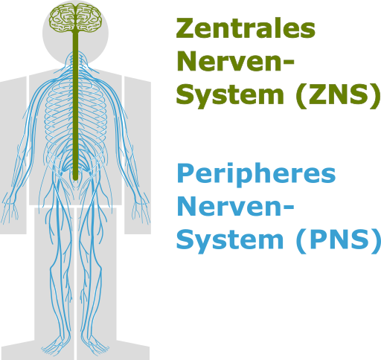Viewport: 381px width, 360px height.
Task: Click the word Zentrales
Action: click(246, 28)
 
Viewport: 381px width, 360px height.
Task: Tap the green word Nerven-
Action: click(236, 61)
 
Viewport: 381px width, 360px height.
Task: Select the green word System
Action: click(230, 95)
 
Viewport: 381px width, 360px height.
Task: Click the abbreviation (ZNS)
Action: click(338, 95)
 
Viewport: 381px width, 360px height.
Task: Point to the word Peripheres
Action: click(256, 174)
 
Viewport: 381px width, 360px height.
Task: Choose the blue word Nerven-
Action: click(236, 206)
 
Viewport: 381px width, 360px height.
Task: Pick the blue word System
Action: click(230, 240)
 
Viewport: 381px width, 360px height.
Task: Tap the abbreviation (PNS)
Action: click(338, 240)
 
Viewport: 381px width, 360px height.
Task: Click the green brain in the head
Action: click(75, 18)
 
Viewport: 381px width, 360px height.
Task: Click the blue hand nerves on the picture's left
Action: click(10, 210)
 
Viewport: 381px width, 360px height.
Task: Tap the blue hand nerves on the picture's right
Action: click(141, 210)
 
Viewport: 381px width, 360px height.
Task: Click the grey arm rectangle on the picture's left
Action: click(13, 155)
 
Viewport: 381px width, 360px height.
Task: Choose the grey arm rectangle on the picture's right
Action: click(138, 155)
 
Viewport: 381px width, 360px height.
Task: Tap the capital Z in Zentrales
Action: click(185, 28)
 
